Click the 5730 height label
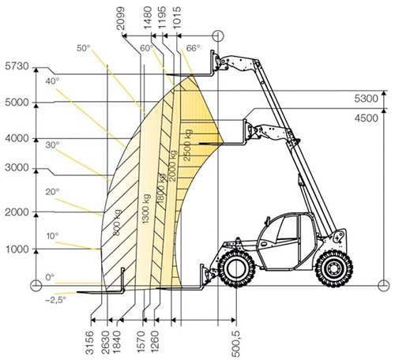[x=17, y=66]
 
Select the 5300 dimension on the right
[x=366, y=99]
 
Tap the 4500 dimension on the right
[x=366, y=118]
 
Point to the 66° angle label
[x=193, y=48]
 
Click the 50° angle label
[x=84, y=48]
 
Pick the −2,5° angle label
[x=55, y=300]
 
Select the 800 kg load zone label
[x=117, y=223]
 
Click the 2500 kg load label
[x=187, y=145]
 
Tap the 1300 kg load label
[x=146, y=209]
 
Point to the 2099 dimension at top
[x=120, y=18]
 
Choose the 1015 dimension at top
[x=177, y=18]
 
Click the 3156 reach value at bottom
[x=90, y=343]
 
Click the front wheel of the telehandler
[x=236, y=268]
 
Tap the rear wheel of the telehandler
[x=334, y=268]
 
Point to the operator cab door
[x=279, y=242]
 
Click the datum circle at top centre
[x=218, y=36]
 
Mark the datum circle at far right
[x=383, y=285]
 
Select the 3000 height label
[x=17, y=167]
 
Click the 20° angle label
[x=52, y=192]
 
